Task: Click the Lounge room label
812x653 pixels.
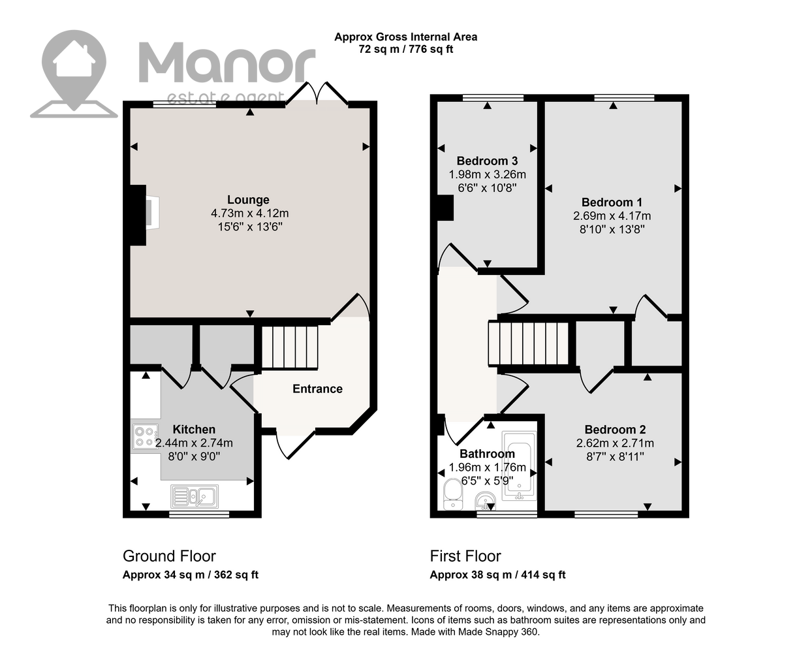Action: click(248, 200)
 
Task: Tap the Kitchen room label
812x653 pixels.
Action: click(194, 429)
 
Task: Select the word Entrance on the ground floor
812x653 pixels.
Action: click(317, 389)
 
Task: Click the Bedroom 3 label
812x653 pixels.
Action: click(487, 161)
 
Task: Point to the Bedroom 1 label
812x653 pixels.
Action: click(612, 202)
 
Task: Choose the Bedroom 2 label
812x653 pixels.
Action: click(615, 430)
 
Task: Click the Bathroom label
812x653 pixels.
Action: click(487, 453)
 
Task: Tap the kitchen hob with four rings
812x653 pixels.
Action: click(145, 436)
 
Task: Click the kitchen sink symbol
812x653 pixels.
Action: click(195, 496)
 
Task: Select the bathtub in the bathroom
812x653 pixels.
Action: click(519, 466)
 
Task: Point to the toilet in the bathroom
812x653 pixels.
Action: click(453, 494)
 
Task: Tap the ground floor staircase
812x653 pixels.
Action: click(289, 347)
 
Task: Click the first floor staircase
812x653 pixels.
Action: click(528, 343)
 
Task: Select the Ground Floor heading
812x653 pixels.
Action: click(169, 556)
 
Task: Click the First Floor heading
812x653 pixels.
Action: click(465, 556)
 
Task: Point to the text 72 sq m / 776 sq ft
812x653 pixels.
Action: click(405, 49)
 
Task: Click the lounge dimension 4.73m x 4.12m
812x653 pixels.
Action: click(250, 214)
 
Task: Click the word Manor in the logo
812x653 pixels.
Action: click(226, 63)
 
